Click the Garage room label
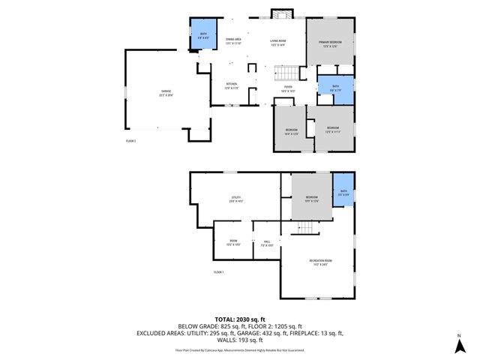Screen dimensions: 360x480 (x=165, y=93)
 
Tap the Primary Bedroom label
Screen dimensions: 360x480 (x=331, y=43)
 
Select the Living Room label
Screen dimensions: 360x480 (x=277, y=43)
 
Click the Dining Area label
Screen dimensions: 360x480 (x=233, y=40)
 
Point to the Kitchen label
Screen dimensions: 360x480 (x=232, y=85)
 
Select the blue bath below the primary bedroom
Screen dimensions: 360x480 (x=335, y=88)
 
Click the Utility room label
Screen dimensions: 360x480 (x=235, y=200)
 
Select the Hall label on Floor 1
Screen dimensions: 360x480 (x=265, y=244)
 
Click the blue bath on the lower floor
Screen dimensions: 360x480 (x=343, y=193)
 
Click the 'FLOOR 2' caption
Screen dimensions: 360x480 (x=130, y=140)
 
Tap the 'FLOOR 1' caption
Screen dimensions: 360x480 (x=219, y=271)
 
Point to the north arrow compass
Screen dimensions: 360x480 (x=457, y=346)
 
